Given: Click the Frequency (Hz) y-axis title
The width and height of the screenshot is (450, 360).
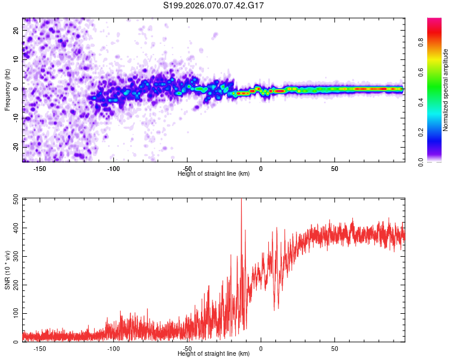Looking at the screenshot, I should pos(7,89).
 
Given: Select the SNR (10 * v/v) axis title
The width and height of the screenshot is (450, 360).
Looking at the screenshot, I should pos(7,269).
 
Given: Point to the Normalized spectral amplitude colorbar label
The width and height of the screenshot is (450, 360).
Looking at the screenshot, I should pos(445,90).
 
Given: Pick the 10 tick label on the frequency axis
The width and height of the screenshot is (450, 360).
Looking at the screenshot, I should pos(17,59).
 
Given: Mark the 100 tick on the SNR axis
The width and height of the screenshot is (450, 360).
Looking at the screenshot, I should pos(13,314).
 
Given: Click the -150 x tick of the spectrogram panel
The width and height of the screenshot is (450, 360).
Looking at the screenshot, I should pos(40,168).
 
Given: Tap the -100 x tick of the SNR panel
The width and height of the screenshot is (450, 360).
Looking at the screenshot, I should pos(113,348).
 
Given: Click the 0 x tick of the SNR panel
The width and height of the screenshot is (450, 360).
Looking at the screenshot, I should pos(261,348).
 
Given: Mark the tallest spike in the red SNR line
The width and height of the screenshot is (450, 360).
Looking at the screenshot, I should pos(241,200).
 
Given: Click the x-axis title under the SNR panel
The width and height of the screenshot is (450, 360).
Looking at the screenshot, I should pos(214,354).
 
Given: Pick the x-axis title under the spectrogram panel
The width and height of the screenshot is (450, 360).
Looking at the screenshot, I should pos(214,174).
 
